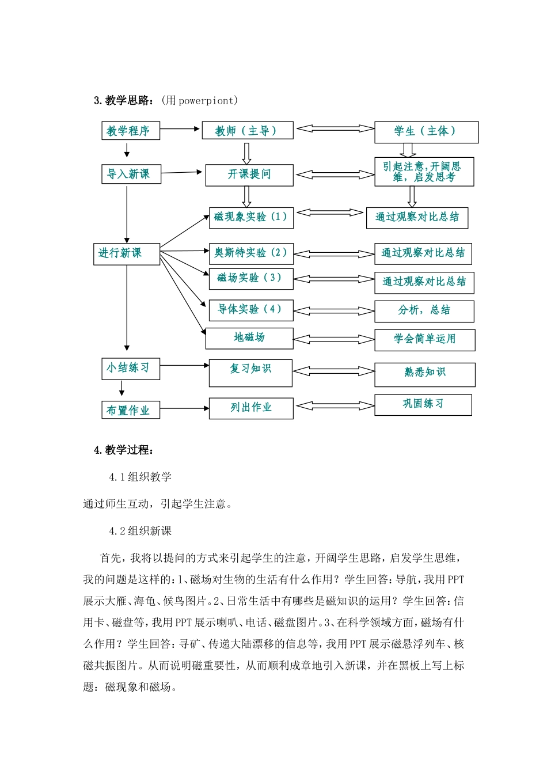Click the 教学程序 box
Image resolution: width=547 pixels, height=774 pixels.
click(130, 131)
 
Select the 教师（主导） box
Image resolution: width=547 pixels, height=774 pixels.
click(247, 131)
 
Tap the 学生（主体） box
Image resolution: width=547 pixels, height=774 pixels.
click(426, 132)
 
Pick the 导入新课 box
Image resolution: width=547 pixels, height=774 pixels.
click(131, 174)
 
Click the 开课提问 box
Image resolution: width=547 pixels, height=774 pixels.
click(249, 174)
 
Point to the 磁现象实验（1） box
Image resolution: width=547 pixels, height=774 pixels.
click(250, 218)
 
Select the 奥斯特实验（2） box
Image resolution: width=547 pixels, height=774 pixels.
click(250, 253)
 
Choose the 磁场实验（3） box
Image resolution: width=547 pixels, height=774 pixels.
click(250, 278)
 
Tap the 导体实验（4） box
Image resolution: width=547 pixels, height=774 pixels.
click(250, 310)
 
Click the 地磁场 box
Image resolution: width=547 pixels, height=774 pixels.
click(249, 338)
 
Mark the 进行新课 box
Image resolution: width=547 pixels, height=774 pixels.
click(126, 253)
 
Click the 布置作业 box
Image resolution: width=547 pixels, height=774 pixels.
click(130, 410)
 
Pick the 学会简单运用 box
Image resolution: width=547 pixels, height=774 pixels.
click(424, 339)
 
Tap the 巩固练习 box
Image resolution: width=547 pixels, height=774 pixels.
click(423, 404)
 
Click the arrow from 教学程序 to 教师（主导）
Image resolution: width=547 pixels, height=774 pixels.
click(180, 130)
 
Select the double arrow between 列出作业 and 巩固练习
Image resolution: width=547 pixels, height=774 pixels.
click(334, 406)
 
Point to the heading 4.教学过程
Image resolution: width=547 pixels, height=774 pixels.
click(124, 450)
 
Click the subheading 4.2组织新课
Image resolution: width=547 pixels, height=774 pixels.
click(140, 531)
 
